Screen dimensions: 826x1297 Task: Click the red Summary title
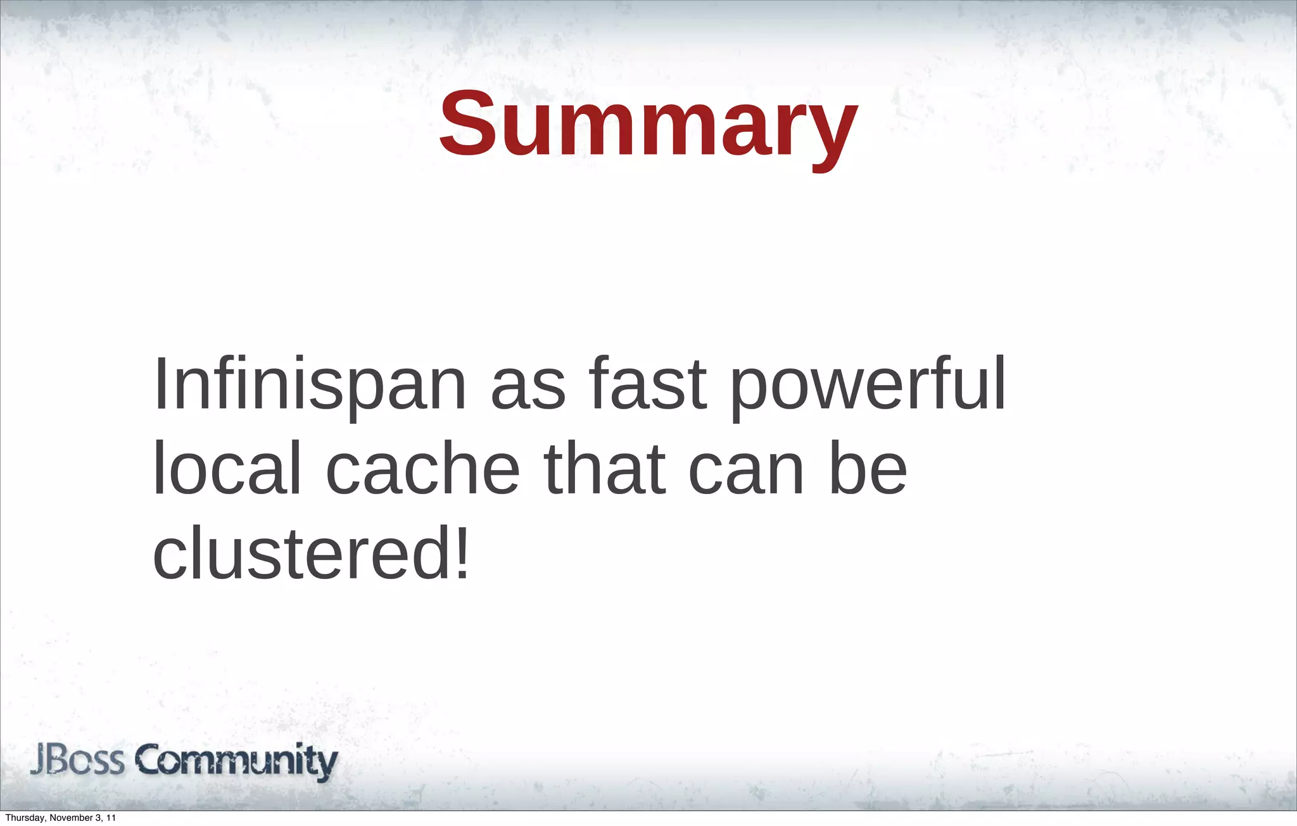(648, 125)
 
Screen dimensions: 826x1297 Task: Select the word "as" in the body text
(528, 388)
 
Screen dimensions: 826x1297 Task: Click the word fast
(647, 383)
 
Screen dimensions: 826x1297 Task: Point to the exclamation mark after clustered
(462, 551)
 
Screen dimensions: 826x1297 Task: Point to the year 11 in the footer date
(111, 818)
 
